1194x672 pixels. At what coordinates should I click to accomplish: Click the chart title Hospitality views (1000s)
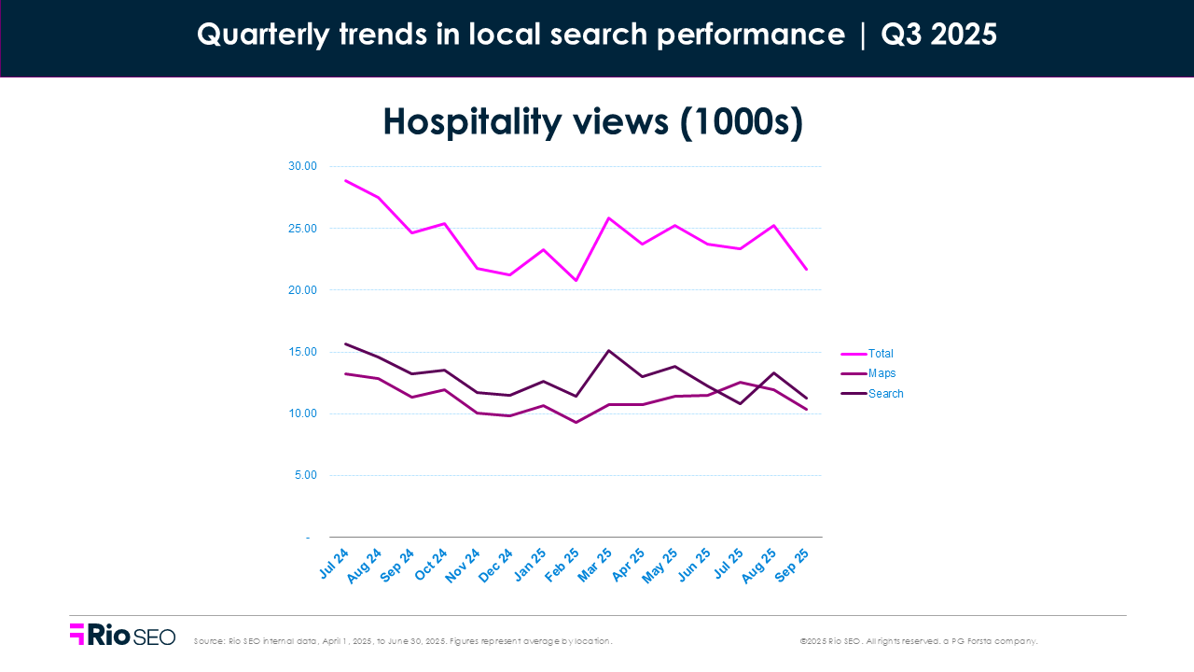pyautogui.click(x=592, y=122)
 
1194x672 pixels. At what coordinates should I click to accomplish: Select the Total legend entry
pyautogui.click(x=880, y=354)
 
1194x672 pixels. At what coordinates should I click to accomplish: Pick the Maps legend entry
pyautogui.click(x=882, y=373)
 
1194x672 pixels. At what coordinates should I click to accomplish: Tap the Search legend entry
pyautogui.click(x=885, y=394)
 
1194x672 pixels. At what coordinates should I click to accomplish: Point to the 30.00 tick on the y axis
pyautogui.click(x=302, y=166)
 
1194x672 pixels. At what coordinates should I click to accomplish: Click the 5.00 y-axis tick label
pyautogui.click(x=305, y=475)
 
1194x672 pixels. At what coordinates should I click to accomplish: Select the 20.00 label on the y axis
pyautogui.click(x=302, y=290)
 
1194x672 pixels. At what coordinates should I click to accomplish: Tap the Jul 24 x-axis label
pyautogui.click(x=333, y=565)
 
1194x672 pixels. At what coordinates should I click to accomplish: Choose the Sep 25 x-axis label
pyautogui.click(x=793, y=565)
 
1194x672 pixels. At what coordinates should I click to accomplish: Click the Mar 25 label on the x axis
pyautogui.click(x=595, y=565)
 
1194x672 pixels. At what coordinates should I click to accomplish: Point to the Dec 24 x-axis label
pyautogui.click(x=496, y=565)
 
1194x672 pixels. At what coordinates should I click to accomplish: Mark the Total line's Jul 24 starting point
pyautogui.click(x=346, y=180)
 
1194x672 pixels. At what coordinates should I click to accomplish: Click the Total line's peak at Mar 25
pyautogui.click(x=609, y=218)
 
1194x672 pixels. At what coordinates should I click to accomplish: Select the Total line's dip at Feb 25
pyautogui.click(x=576, y=280)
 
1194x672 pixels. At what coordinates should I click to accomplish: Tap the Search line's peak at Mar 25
pyautogui.click(x=609, y=351)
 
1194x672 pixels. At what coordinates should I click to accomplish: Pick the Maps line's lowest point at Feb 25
pyautogui.click(x=576, y=422)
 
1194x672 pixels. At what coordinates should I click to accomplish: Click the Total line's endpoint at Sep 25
pyautogui.click(x=806, y=270)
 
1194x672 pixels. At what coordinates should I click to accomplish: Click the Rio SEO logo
pyautogui.click(x=122, y=635)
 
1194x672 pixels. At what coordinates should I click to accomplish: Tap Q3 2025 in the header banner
pyautogui.click(x=938, y=35)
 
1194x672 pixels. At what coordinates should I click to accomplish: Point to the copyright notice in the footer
pyautogui.click(x=918, y=641)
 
